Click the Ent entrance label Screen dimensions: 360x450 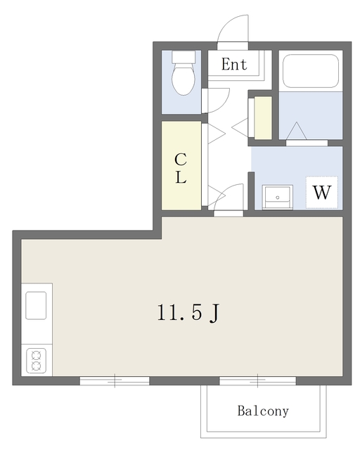[234, 64]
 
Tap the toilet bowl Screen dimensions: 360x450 [184, 79]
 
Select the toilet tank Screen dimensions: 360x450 [184, 57]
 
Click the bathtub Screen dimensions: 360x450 [310, 71]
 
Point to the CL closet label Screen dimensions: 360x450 [181, 168]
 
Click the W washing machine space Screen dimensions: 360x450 [322, 192]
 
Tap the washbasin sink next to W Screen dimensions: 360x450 [277, 197]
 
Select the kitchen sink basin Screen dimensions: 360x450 [36, 305]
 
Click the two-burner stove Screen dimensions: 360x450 [36, 361]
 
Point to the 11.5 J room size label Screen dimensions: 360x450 [188, 312]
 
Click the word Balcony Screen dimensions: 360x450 [263, 411]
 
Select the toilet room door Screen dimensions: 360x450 [215, 101]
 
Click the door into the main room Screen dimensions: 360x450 [229, 198]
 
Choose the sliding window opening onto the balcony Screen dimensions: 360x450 [257, 381]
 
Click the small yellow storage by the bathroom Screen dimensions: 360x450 [263, 118]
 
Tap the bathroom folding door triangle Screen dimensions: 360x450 [297, 131]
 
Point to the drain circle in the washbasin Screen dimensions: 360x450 [277, 198]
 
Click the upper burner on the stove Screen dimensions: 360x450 [36, 356]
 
